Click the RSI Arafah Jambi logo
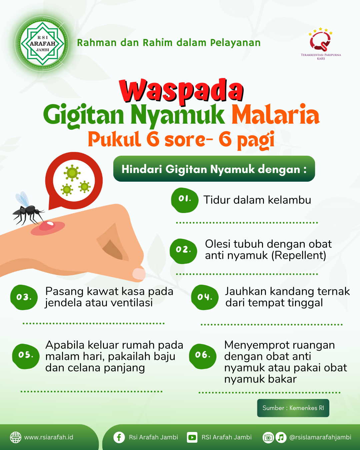[x=43, y=43]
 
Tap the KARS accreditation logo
[x=321, y=43]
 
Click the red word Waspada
[x=181, y=91]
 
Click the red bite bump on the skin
[x=47, y=226]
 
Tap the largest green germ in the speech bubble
[x=72, y=173]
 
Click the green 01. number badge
[x=184, y=200]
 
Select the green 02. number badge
[x=183, y=251]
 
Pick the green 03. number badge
[x=24, y=297]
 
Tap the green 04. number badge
[x=205, y=297]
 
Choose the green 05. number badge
[x=26, y=356]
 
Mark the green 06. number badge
[x=202, y=356]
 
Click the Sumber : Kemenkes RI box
[x=293, y=408]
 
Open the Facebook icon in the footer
[x=119, y=437]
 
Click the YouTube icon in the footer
[x=192, y=437]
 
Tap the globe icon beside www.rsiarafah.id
[x=16, y=437]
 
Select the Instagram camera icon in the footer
[x=268, y=437]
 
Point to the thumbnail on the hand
[x=139, y=274]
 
